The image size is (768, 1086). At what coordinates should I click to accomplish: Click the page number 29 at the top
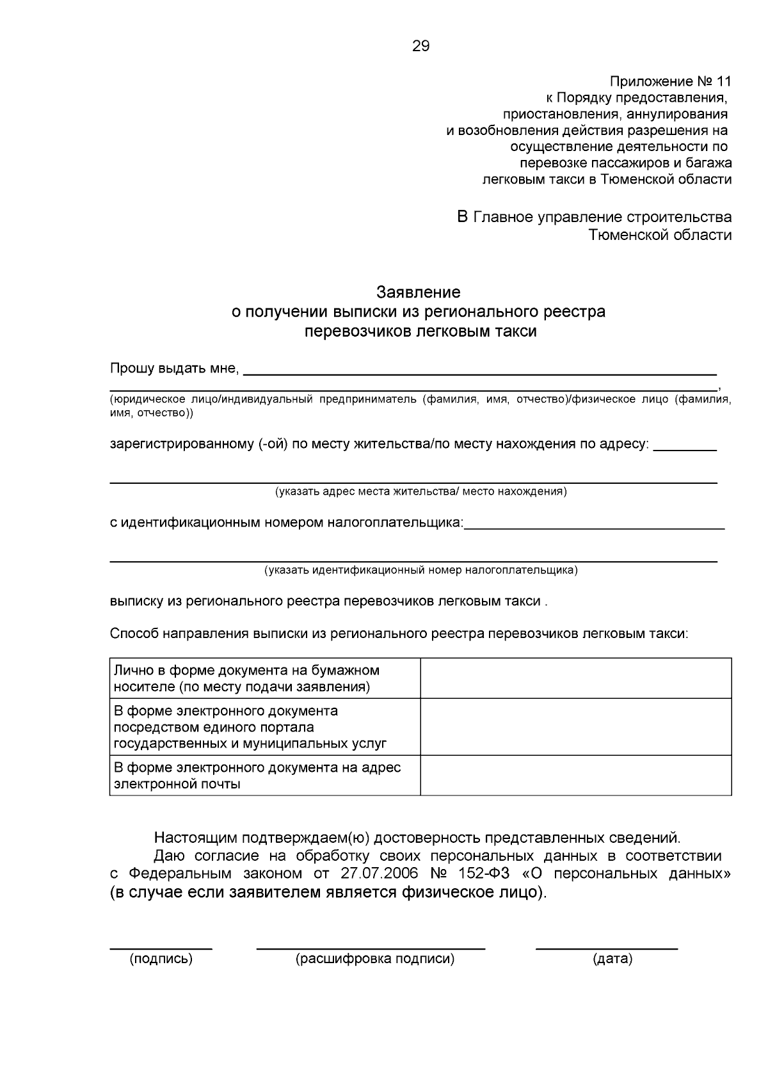421,46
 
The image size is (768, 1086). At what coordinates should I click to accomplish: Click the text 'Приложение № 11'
669,82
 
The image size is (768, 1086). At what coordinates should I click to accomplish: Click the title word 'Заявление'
418,292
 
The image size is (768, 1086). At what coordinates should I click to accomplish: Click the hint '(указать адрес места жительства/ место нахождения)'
420,491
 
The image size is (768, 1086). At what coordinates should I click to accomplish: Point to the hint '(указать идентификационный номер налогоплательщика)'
421,570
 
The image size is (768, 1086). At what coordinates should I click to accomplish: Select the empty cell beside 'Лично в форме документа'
575,678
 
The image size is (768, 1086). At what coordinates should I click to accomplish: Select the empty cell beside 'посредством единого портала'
575,727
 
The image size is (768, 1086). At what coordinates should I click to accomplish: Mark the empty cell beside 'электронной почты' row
575,775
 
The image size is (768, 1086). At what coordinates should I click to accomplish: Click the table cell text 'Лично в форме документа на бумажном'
246,671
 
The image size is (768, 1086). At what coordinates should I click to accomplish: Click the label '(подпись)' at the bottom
161,959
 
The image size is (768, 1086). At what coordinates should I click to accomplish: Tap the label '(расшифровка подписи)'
375,959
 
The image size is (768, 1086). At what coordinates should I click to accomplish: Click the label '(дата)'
612,959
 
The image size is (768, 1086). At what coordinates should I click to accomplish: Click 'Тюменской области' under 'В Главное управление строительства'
660,235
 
